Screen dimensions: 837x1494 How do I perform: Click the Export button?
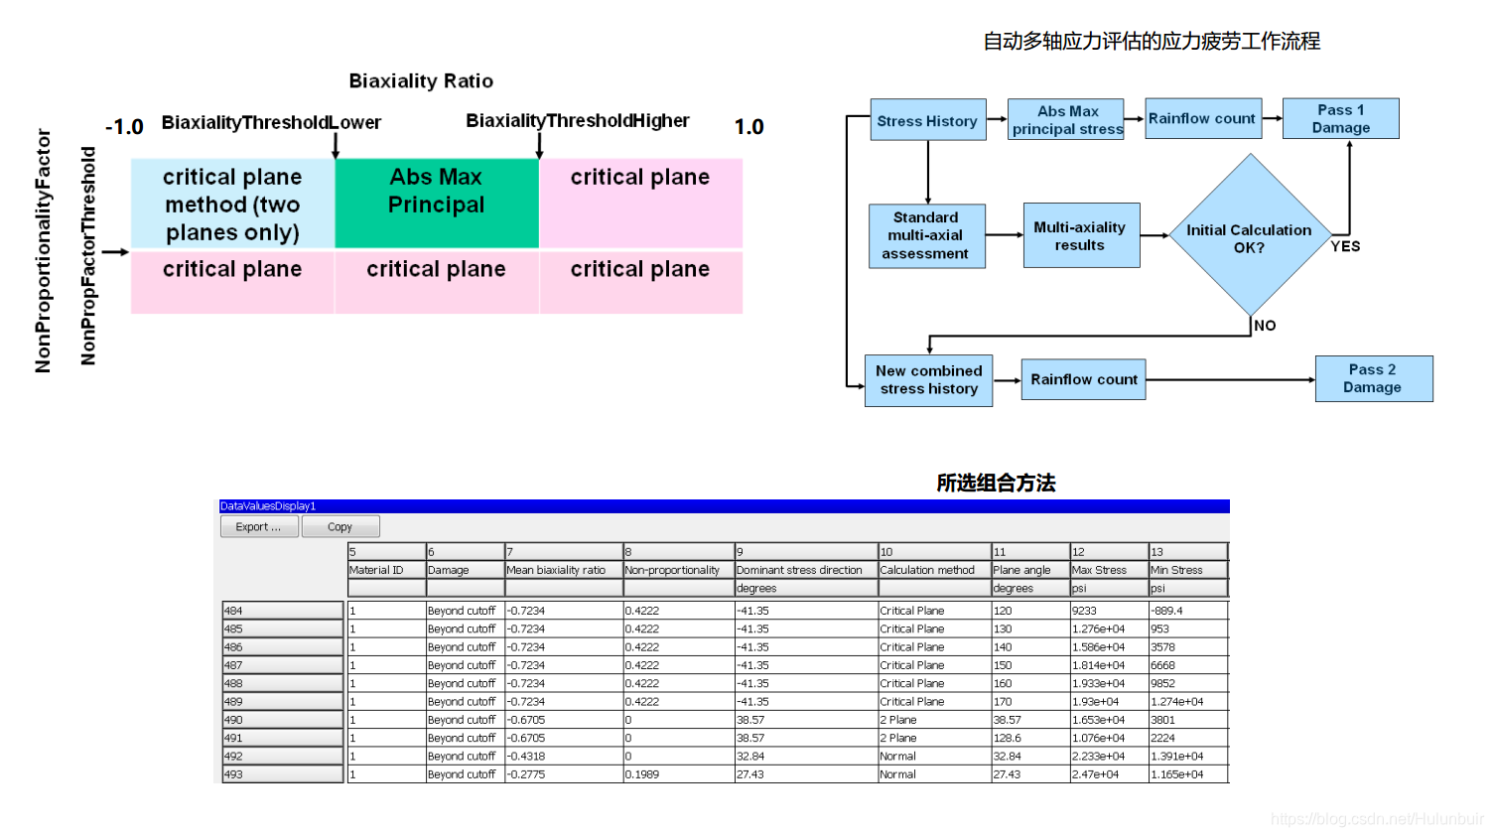coord(258,527)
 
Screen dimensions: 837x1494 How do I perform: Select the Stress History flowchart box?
coord(927,120)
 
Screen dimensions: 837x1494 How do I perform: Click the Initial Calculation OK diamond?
coord(1249,236)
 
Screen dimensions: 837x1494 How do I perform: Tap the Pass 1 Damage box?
coord(1340,118)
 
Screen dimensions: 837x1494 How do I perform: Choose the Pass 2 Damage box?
coord(1373,378)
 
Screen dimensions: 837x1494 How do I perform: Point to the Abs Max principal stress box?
coord(1067,119)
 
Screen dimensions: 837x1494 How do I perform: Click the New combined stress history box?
coord(928,379)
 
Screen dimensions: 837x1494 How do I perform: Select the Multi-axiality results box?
coord(1080,235)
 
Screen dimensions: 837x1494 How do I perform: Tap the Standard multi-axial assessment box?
coord(925,235)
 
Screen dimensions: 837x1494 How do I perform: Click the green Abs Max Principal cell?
coord(437,203)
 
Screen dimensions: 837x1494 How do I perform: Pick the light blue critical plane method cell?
coord(232,204)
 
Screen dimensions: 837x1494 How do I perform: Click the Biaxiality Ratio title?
coord(421,81)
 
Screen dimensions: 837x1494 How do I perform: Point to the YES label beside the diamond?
coord(1345,246)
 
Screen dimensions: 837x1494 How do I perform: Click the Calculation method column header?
coord(928,570)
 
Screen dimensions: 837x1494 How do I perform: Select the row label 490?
coord(282,720)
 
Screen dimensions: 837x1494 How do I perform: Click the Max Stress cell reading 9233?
coord(1108,611)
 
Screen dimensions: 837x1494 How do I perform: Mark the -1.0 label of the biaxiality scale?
coord(124,127)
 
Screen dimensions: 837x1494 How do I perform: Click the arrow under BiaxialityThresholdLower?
coord(336,145)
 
